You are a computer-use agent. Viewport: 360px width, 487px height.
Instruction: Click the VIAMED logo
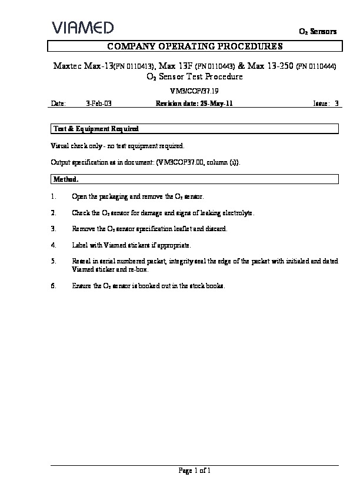[82, 27]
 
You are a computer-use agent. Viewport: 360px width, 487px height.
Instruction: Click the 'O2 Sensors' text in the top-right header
[318, 32]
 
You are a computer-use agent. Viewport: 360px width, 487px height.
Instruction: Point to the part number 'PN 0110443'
[215, 66]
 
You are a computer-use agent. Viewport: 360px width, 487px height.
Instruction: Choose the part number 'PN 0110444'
[316, 66]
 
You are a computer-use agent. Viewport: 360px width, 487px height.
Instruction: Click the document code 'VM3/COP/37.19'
[194, 91]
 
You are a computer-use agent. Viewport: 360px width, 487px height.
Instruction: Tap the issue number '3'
[336, 104]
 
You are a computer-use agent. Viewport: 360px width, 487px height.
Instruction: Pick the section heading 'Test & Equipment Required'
[96, 128]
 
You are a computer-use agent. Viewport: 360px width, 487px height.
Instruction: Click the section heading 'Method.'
[66, 178]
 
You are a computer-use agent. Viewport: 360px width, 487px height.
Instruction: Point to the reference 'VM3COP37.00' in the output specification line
[181, 162]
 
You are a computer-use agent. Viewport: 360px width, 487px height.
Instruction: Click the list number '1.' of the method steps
[54, 196]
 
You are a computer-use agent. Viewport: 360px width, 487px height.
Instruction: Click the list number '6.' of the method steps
[54, 286]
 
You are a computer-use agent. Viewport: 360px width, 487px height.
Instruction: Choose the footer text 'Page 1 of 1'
[194, 471]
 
